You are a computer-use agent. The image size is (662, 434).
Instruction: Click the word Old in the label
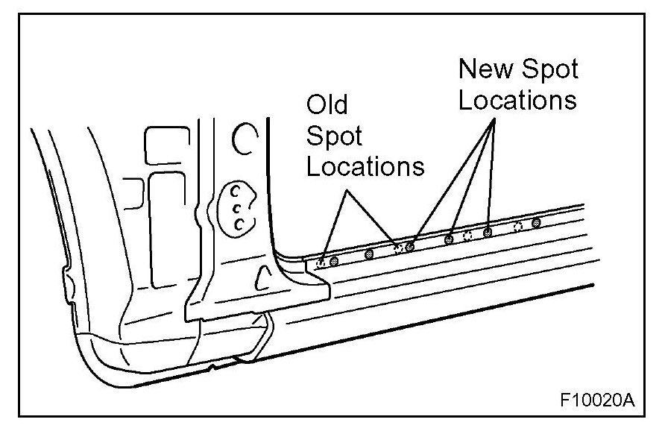pyautogui.click(x=329, y=104)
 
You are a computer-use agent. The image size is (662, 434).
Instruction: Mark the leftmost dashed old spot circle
pyautogui.click(x=321, y=261)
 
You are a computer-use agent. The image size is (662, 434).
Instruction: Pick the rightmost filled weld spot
pyautogui.click(x=535, y=222)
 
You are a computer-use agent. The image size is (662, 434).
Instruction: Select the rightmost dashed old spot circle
pyautogui.click(x=519, y=224)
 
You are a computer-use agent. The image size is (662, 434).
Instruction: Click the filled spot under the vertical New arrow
pyautogui.click(x=488, y=232)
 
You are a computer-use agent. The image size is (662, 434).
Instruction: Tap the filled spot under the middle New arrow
pyautogui.click(x=449, y=239)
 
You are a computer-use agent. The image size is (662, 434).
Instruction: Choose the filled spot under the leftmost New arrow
pyautogui.click(x=409, y=246)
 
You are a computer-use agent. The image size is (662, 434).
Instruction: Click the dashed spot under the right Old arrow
pyautogui.click(x=398, y=248)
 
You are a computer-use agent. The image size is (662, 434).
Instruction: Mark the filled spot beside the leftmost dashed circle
pyautogui.click(x=333, y=260)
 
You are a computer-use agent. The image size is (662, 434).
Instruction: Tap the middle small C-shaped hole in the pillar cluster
pyautogui.click(x=237, y=207)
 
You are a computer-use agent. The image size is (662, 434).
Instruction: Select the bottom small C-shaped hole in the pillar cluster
pyautogui.click(x=239, y=224)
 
